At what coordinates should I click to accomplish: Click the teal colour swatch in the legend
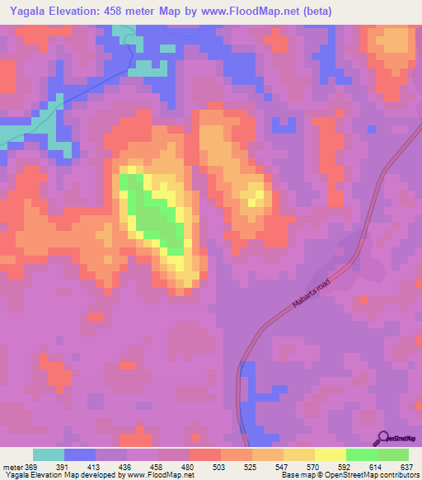pyautogui.click(x=49, y=454)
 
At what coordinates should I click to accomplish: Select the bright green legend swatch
pyautogui.click(x=362, y=454)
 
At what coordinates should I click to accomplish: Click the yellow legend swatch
pyautogui.click(x=331, y=454)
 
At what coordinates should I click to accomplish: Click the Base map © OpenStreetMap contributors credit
pyautogui.click(x=348, y=475)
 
